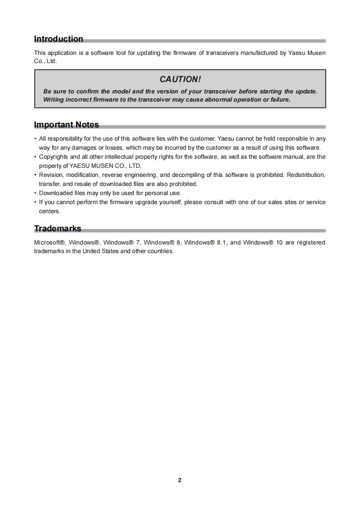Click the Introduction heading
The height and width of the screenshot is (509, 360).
(59, 39)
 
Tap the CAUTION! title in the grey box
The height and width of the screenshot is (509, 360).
(180, 79)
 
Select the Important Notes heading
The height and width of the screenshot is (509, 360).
(66, 125)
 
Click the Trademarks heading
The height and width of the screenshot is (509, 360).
(58, 228)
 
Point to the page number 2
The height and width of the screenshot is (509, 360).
(180, 480)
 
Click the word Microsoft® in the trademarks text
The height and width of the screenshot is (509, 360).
(50, 242)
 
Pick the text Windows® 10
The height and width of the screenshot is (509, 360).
(263, 242)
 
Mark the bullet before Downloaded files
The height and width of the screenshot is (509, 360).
(35, 193)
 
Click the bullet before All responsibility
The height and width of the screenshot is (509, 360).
(35, 138)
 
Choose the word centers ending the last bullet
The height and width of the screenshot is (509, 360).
(49, 211)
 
